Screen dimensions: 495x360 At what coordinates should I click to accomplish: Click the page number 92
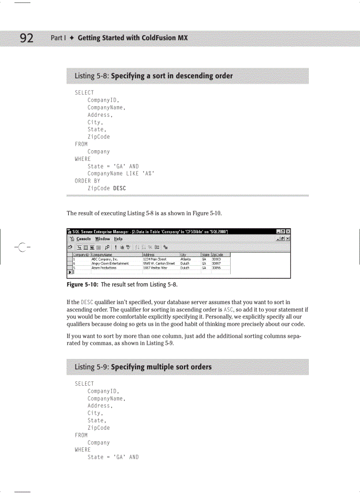click(x=26, y=38)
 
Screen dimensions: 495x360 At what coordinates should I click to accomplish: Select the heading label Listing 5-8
click(x=92, y=76)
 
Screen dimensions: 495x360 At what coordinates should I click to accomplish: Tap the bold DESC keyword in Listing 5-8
click(x=119, y=188)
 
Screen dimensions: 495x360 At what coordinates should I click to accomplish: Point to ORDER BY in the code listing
click(x=87, y=181)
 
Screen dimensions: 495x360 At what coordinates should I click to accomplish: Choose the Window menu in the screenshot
click(x=103, y=238)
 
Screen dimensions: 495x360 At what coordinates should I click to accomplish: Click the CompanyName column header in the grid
click(x=102, y=255)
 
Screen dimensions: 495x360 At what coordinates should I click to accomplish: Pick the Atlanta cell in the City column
click(x=186, y=260)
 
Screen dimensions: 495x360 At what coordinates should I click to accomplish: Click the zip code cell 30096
click(x=216, y=268)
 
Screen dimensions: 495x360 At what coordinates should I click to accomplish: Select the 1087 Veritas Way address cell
click(x=155, y=268)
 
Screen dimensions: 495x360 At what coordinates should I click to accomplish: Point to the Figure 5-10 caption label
click(x=82, y=285)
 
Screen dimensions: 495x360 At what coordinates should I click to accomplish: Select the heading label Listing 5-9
click(x=92, y=367)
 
